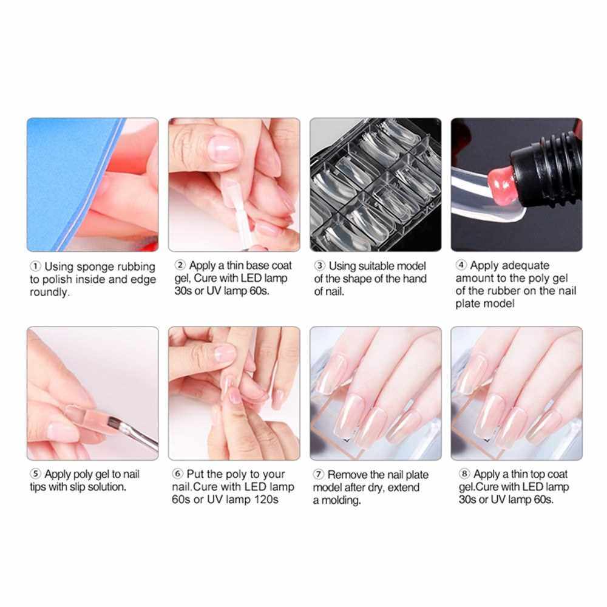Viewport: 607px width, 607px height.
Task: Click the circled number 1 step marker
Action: [x=35, y=266]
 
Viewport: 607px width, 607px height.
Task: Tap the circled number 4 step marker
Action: [x=461, y=265]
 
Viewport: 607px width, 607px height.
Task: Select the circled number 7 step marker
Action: [x=318, y=474]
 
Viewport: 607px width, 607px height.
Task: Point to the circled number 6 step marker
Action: [x=177, y=473]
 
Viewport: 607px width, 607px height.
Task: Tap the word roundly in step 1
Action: [x=50, y=293]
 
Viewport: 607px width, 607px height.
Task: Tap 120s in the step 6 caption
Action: [x=266, y=500]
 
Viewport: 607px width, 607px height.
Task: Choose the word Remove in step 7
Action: [x=347, y=475]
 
